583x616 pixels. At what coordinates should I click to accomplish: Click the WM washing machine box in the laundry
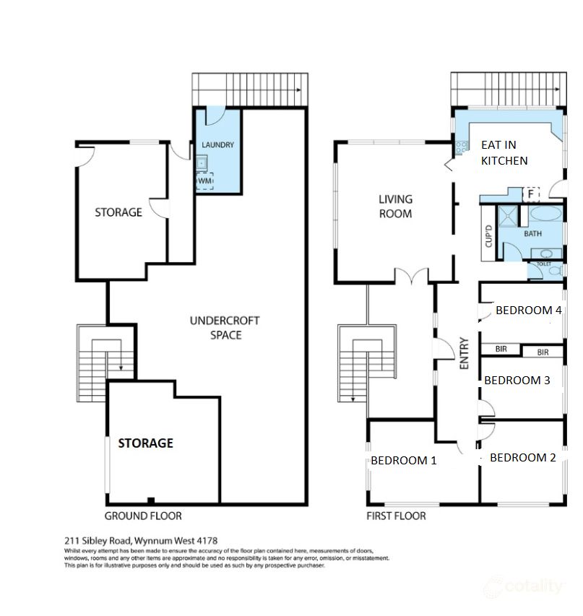204,181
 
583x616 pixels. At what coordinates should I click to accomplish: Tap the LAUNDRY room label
217,145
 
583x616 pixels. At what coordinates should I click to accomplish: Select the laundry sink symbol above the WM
202,163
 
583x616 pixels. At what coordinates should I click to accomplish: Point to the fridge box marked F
532,194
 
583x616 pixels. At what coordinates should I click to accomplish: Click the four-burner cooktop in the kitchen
461,147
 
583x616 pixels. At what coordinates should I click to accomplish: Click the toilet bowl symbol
547,253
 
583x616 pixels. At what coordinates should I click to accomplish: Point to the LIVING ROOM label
396,206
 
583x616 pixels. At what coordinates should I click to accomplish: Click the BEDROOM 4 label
528,311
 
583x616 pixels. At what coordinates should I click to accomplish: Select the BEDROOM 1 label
403,460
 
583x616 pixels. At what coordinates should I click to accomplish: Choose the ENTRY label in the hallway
465,354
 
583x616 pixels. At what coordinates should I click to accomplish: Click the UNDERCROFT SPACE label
225,328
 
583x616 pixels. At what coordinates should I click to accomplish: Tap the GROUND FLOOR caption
143,516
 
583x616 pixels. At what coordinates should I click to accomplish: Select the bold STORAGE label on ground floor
145,443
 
